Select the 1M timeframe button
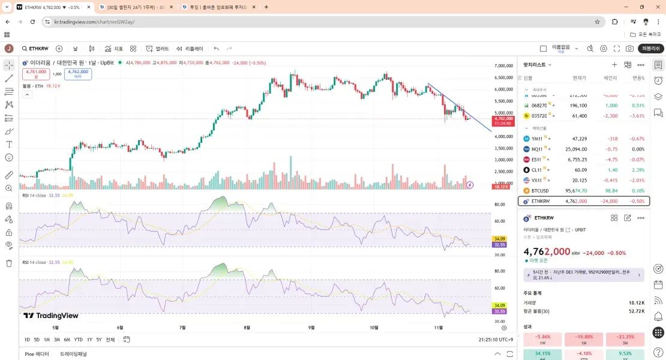(47, 340)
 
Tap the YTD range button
(78, 340)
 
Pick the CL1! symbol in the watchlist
(537, 170)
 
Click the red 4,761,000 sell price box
(36, 74)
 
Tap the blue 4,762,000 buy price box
(78, 74)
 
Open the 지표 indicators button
(114, 49)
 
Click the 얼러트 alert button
(157, 49)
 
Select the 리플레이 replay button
(190, 49)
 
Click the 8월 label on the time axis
(247, 328)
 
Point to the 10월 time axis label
(374, 328)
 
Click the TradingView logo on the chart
(51, 316)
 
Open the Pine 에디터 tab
(37, 354)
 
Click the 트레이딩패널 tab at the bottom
(73, 354)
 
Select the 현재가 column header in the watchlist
(579, 78)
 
